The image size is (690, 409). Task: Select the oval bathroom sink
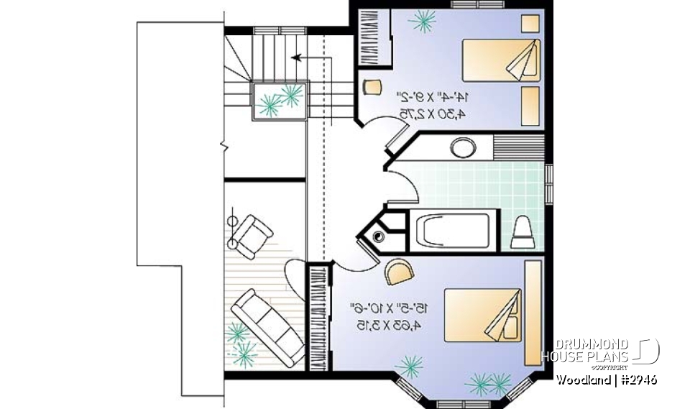(462, 149)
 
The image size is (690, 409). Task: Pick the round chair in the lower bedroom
(400, 271)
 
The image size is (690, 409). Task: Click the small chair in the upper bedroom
(371, 88)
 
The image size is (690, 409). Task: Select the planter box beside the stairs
(280, 101)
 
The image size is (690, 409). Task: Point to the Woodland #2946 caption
(606, 379)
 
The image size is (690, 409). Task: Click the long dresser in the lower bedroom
(533, 313)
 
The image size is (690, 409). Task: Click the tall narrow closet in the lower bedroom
(317, 317)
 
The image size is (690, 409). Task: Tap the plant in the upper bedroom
(422, 21)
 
